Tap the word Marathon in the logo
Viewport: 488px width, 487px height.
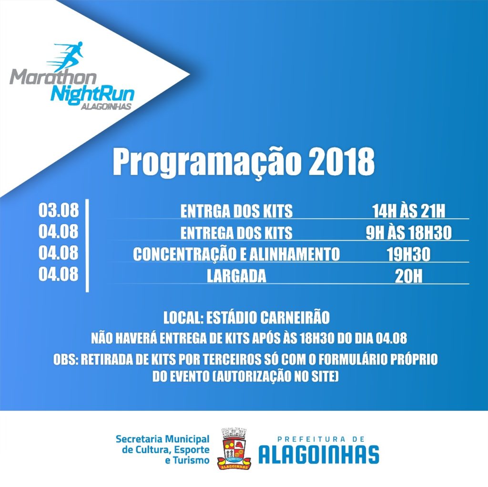[53, 77]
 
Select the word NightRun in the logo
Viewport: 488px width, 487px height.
[92, 93]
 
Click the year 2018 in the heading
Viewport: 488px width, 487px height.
[341, 162]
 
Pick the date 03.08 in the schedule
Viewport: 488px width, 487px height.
[59, 210]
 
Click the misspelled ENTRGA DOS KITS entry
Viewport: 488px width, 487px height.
[236, 211]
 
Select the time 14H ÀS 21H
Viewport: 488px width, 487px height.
[408, 211]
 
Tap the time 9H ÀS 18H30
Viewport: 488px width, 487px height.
[408, 233]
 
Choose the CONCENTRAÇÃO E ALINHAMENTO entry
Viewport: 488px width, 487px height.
[236, 254]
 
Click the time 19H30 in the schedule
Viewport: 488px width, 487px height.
[408, 254]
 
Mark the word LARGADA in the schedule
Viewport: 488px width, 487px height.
[236, 276]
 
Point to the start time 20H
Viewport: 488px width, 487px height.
[408, 276]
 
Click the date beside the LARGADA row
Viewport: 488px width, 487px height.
[59, 275]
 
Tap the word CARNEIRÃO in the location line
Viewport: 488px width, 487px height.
[295, 318]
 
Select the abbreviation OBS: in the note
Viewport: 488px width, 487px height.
[65, 360]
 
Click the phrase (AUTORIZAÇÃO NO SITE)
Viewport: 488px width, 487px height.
[275, 377]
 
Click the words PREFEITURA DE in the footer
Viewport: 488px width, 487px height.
[321, 439]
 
